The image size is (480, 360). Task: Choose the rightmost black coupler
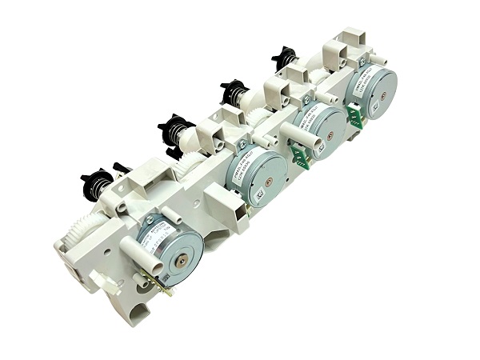[x=283, y=57]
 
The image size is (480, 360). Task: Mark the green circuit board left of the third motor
[x=300, y=155]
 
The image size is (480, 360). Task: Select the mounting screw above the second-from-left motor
[x=242, y=145]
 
